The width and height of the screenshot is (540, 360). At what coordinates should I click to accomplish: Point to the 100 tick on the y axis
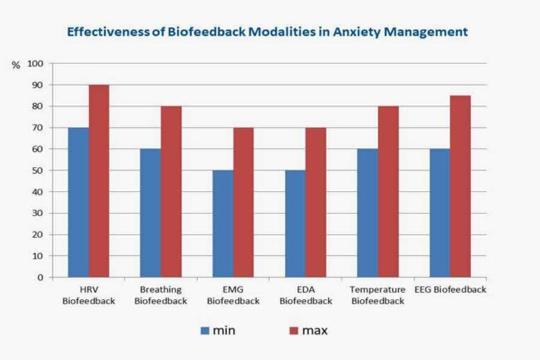(35, 63)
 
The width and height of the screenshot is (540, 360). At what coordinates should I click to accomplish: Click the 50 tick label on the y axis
(37, 170)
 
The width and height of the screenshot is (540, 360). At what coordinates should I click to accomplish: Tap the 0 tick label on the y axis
(40, 278)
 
